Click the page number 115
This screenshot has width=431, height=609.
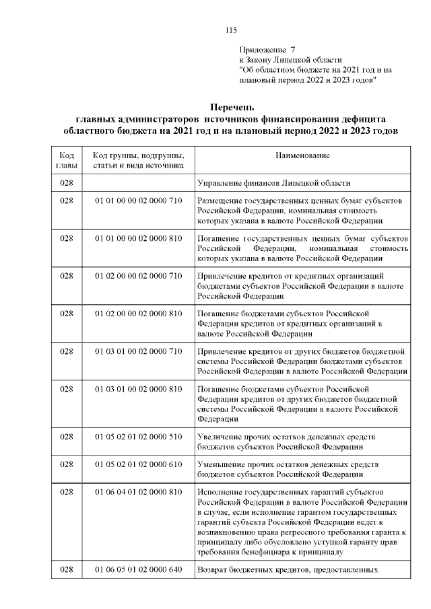(231, 30)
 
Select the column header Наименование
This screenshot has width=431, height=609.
(302, 156)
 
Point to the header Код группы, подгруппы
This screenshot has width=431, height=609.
(138, 156)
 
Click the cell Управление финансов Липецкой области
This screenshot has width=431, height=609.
(273, 183)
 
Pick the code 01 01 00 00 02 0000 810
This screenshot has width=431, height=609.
(138, 239)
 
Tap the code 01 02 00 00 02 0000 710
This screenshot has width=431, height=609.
(138, 276)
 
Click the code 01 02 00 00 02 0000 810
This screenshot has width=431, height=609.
(138, 314)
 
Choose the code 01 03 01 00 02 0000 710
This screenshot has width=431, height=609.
(138, 351)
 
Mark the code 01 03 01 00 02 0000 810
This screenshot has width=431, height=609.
(138, 389)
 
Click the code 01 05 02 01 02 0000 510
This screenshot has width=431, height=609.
(138, 436)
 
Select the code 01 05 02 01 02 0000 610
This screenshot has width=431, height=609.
(138, 464)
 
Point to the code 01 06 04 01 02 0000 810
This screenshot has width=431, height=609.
(138, 493)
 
